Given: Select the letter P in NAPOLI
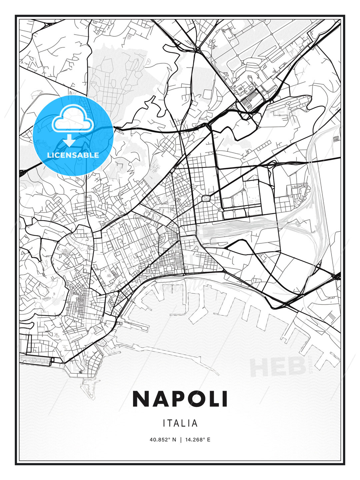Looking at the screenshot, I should click(x=177, y=399).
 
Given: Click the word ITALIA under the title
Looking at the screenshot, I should click(x=180, y=423).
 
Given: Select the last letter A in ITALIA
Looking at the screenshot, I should click(x=195, y=423).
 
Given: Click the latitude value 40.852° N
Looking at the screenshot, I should click(x=163, y=440).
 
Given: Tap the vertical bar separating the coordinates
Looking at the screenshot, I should click(x=180, y=440).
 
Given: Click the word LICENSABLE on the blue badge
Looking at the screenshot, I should click(x=73, y=155).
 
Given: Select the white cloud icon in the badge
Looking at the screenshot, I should click(x=72, y=119).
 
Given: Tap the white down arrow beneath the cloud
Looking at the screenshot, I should click(x=69, y=140).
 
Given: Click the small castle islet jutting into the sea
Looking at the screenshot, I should click(x=88, y=387).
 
